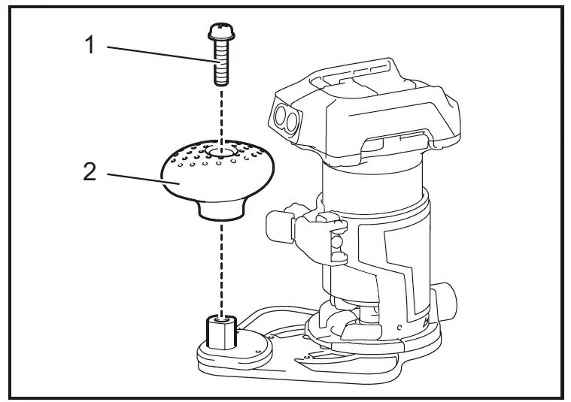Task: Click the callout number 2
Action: point(90,173)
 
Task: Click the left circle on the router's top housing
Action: point(281,114)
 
